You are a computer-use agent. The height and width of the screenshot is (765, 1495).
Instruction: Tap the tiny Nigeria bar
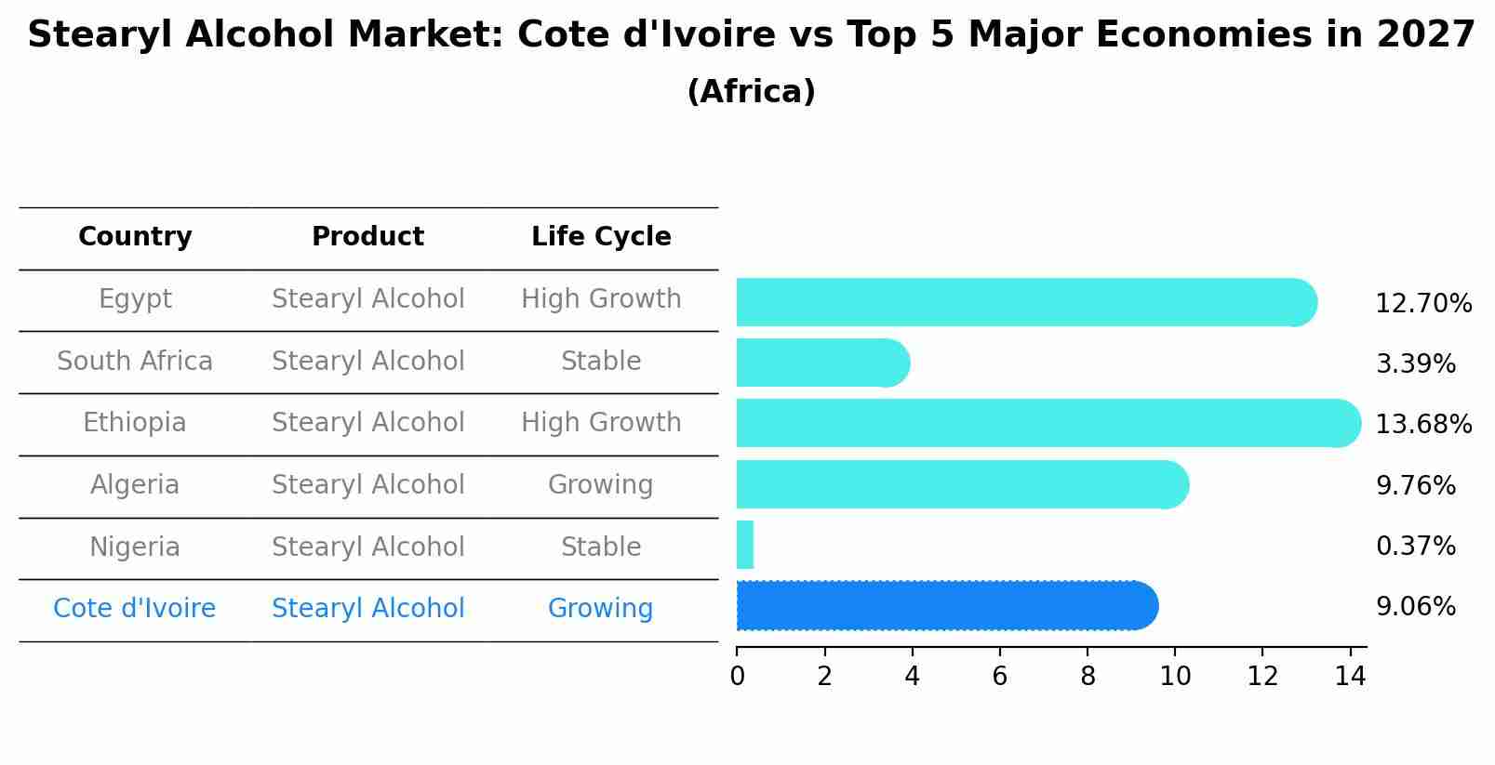point(745,545)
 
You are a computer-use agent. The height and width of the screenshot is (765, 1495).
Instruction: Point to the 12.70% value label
point(1423,304)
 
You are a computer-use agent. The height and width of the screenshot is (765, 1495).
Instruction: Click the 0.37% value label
point(1415,547)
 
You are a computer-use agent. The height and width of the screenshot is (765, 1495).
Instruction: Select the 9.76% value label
point(1415,486)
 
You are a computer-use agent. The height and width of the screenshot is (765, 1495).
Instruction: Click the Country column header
point(135,237)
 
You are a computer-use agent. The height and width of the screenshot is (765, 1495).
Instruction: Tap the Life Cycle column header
point(601,237)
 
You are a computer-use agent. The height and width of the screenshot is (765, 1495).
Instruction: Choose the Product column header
point(367,237)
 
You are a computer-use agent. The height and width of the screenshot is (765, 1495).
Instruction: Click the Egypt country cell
point(135,299)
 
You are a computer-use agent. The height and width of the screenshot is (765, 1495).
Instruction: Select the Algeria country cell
point(135,485)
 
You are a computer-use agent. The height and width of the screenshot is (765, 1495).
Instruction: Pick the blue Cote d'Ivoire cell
point(135,609)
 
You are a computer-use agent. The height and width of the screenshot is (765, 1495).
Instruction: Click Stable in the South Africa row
point(601,362)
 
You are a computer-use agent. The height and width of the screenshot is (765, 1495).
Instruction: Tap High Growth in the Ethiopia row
point(601,423)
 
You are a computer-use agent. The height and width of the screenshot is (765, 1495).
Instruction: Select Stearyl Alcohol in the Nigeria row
point(367,547)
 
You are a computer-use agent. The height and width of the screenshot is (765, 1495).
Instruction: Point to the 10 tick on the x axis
point(1175,677)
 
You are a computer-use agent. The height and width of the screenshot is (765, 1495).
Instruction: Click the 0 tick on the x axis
point(737,677)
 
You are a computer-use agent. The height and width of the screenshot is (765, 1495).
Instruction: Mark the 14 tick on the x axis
point(1350,677)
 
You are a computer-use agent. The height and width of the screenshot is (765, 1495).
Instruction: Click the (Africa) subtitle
point(751,92)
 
